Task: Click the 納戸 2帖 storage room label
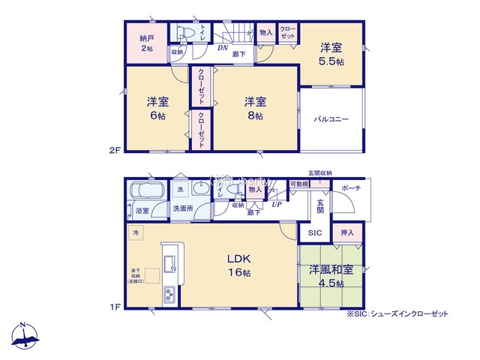[145, 42]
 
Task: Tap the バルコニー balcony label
[331, 120]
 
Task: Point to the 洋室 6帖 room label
[156, 109]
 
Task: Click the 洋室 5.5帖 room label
[331, 54]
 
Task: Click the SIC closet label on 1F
[314, 233]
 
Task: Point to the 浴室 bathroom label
[142, 211]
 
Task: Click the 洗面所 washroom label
[182, 208]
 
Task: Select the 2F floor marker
[115, 149]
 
